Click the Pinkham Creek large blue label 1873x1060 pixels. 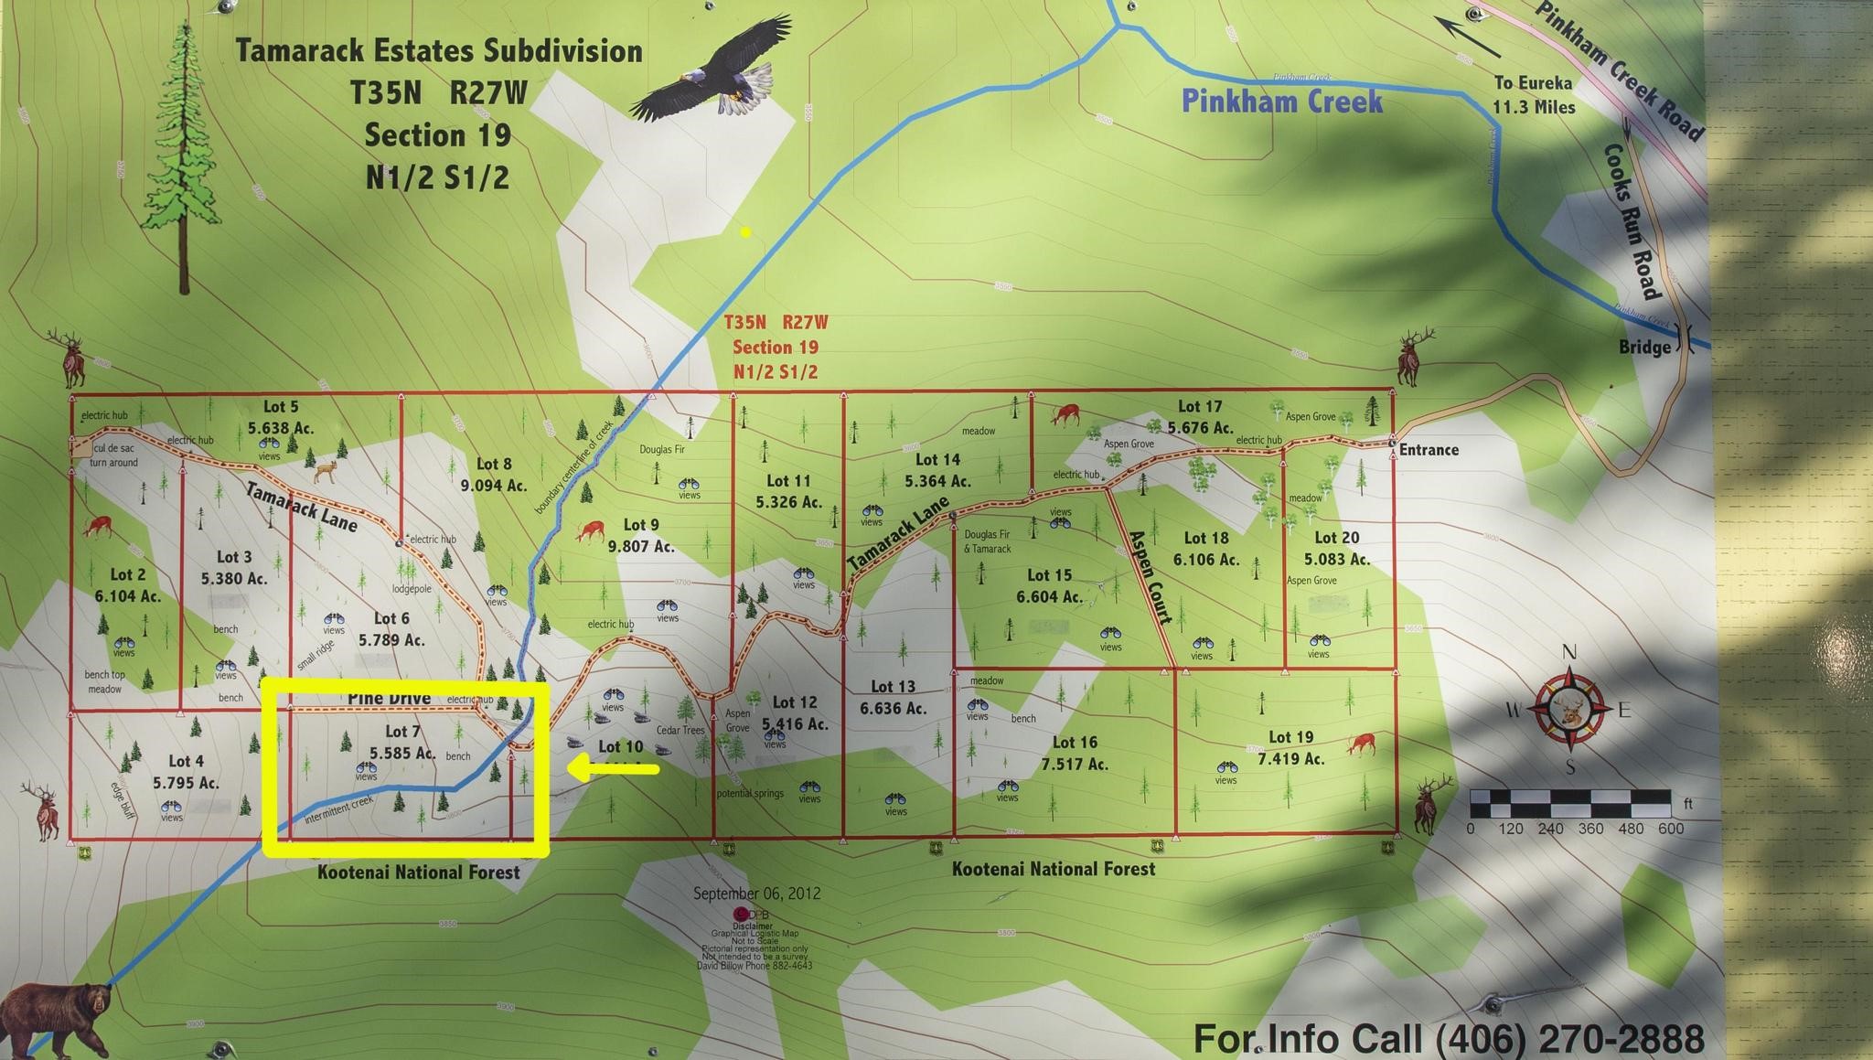pos(1281,101)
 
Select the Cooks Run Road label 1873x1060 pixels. pos(1632,220)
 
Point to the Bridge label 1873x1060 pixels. pos(1644,348)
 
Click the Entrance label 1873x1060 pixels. pos(1429,450)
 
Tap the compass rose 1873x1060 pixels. pos(1570,710)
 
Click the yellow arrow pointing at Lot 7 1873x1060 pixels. pos(613,769)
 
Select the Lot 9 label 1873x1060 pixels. pos(641,525)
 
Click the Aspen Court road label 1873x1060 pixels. pos(1151,577)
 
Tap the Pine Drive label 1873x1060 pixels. pos(389,699)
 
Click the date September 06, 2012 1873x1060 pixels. pos(756,894)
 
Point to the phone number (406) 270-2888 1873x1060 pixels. pos(1569,1039)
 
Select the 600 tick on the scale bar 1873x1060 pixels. pos(1670,829)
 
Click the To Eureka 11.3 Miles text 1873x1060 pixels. pos(1534,95)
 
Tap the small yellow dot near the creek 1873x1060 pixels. pos(745,232)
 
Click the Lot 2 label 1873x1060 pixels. pos(128,574)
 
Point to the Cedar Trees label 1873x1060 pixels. pos(680,730)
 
